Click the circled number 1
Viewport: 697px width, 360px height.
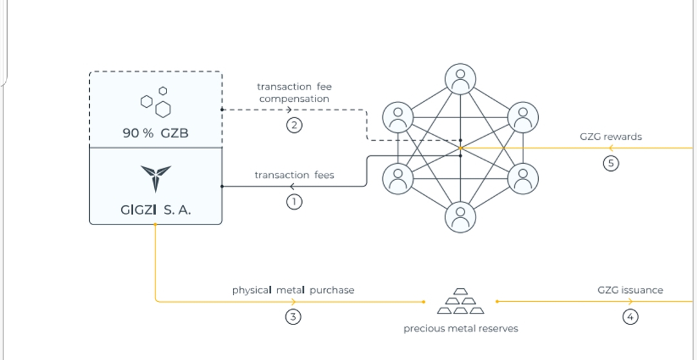(x=294, y=202)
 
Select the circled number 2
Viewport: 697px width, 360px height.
(x=294, y=125)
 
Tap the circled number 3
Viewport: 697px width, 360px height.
(x=294, y=317)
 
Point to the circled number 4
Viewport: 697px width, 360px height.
(x=631, y=317)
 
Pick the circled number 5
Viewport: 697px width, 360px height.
(x=611, y=163)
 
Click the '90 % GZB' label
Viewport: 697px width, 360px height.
(x=156, y=134)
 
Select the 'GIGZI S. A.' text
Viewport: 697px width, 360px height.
(x=156, y=210)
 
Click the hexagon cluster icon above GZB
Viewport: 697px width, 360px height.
(x=156, y=103)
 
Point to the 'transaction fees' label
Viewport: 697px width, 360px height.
(x=294, y=175)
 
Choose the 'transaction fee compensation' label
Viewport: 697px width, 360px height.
(x=294, y=92)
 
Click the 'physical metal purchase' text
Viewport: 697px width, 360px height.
(x=293, y=290)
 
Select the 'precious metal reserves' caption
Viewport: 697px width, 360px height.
(x=461, y=328)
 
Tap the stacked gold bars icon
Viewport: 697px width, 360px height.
(x=460, y=301)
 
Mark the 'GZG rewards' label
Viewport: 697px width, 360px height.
(x=611, y=137)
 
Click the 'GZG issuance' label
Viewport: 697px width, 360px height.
(x=630, y=290)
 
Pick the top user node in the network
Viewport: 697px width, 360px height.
(x=460, y=79)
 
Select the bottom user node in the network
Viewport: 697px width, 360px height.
(x=460, y=217)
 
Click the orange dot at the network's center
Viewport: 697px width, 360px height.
(x=460, y=148)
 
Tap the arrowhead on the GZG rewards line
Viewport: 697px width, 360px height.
(x=611, y=148)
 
